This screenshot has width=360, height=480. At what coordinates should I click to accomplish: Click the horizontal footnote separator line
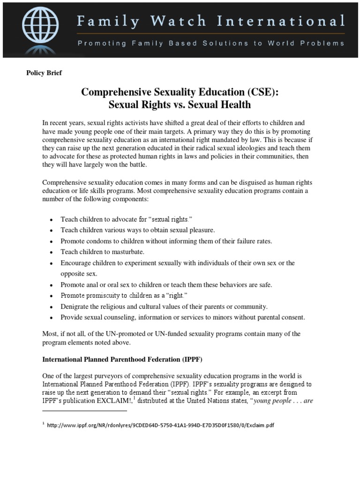(x=84, y=411)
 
